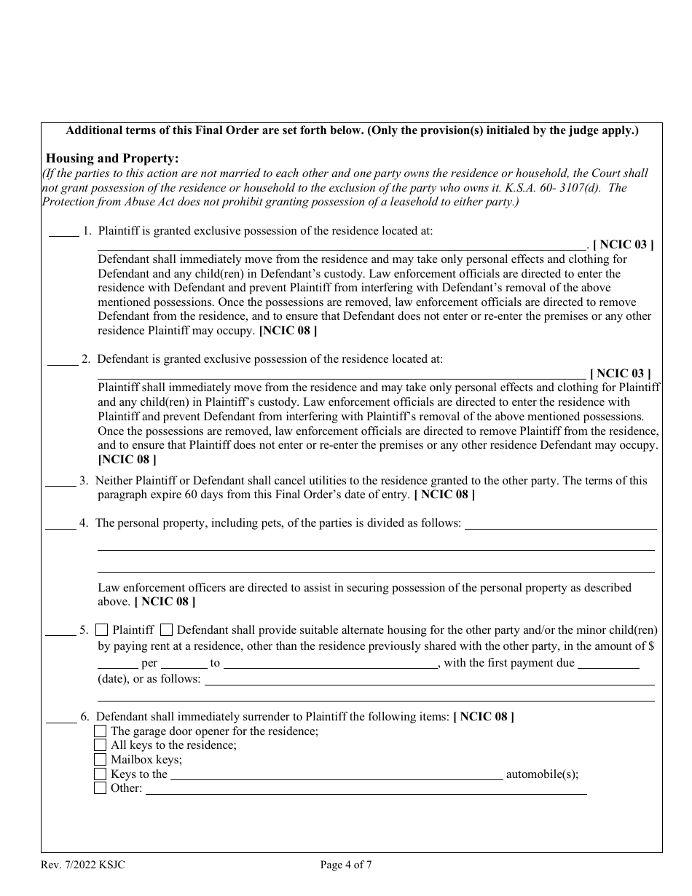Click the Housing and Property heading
112,158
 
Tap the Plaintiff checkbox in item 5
102,630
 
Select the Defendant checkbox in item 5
166,630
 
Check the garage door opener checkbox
101,731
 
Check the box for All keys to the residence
101,745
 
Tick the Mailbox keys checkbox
101,760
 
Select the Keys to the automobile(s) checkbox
101,774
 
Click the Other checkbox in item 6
101,788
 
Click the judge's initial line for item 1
63,234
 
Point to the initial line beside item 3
60,484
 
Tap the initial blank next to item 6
61,720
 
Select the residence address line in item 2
342,377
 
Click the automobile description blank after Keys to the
336,777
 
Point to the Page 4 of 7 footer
346,865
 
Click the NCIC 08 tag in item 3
444,495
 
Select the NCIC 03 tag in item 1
623,245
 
